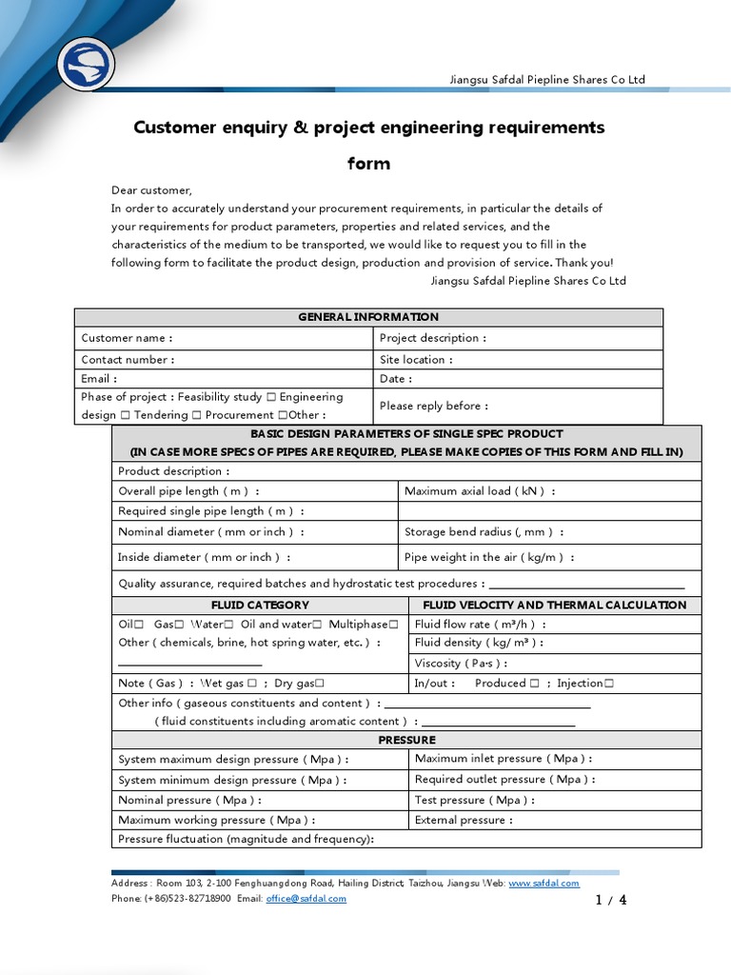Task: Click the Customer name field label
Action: pyautogui.click(x=127, y=338)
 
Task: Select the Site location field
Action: pyautogui.click(x=416, y=360)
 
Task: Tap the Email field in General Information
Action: pyautogui.click(x=99, y=379)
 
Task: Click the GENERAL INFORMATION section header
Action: pyautogui.click(x=368, y=317)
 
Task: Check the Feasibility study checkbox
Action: pyautogui.click(x=271, y=397)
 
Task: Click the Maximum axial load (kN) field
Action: pyautogui.click(x=480, y=491)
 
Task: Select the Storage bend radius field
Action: pyautogui.click(x=484, y=532)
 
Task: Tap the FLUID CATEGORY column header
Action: pyautogui.click(x=260, y=605)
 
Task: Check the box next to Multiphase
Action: pyautogui.click(x=393, y=625)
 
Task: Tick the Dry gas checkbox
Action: pyautogui.click(x=320, y=684)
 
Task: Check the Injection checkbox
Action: pyautogui.click(x=608, y=684)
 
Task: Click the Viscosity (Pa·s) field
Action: pyautogui.click(x=461, y=664)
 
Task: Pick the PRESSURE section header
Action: pyautogui.click(x=406, y=740)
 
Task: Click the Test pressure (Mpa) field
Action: pyautogui.click(x=474, y=801)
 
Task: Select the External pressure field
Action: pyautogui.click(x=464, y=820)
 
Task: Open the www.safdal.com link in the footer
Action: pyautogui.click(x=543, y=884)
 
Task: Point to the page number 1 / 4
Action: pyautogui.click(x=610, y=900)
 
